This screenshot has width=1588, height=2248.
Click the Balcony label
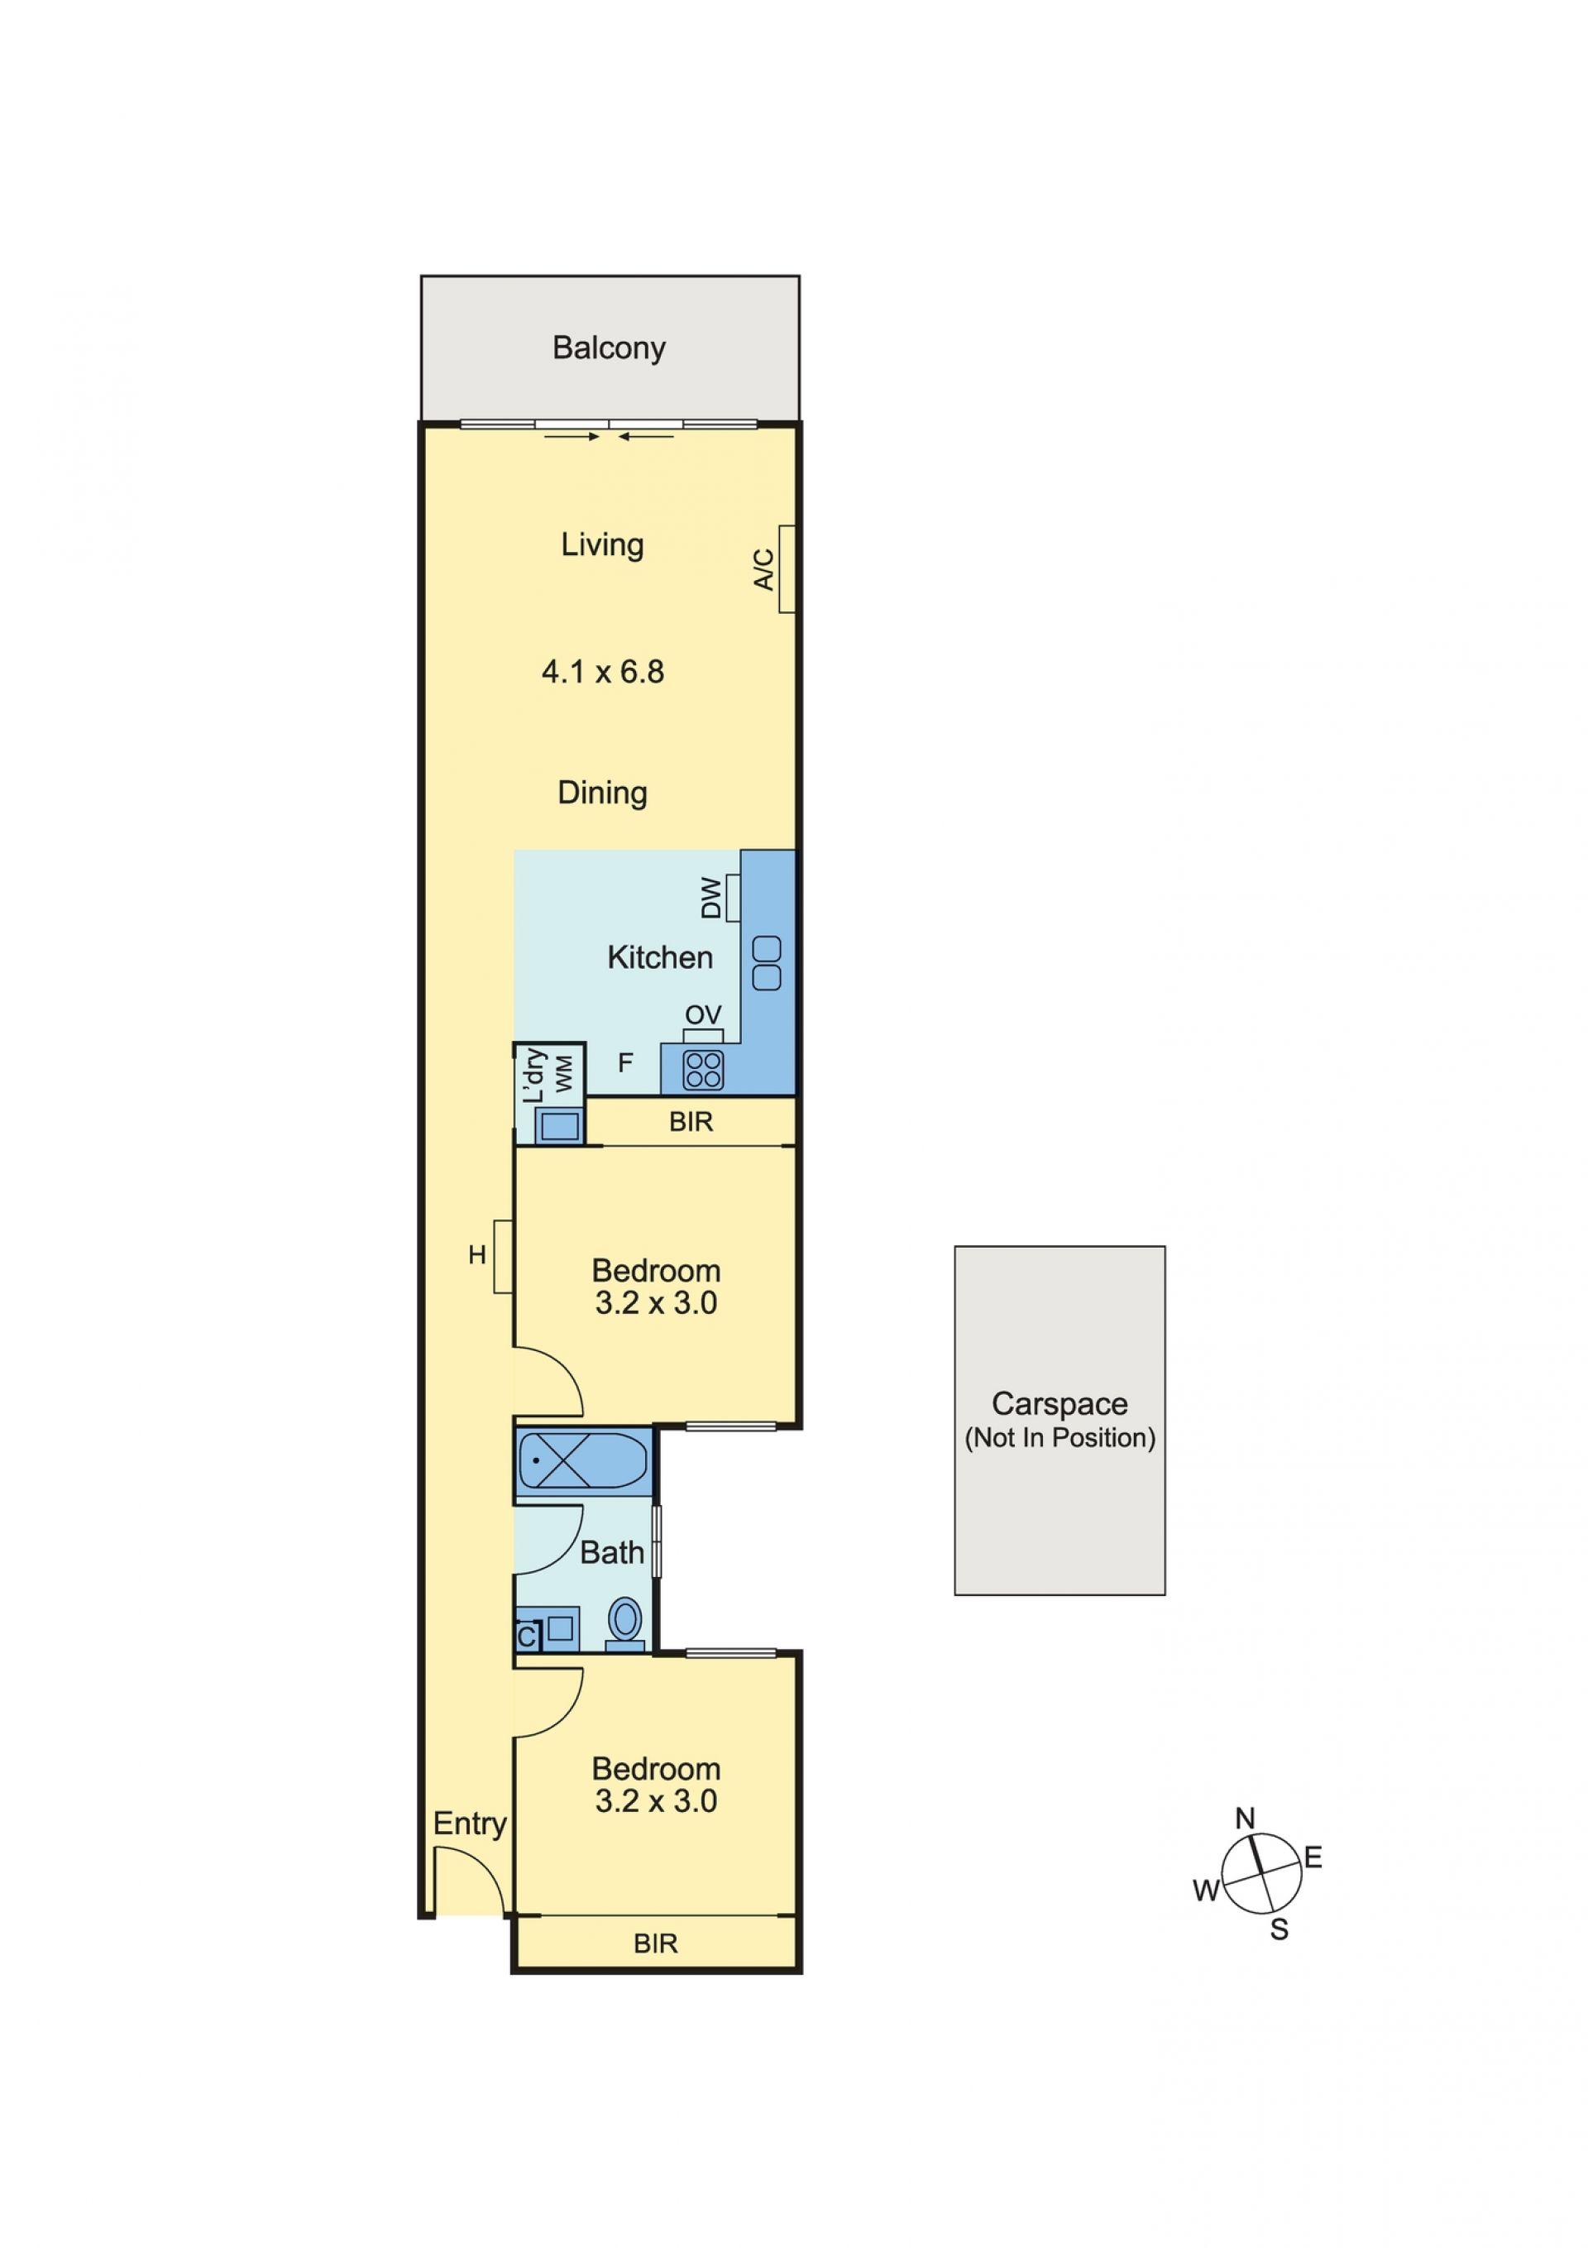tap(608, 348)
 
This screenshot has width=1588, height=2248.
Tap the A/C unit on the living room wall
tap(787, 569)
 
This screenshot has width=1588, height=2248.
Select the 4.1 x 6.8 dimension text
tap(602, 672)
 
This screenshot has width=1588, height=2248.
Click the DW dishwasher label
tap(712, 898)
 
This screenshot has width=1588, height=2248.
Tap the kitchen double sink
tap(767, 962)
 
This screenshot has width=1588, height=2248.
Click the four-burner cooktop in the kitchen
tap(703, 1068)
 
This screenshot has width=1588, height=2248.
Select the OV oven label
tap(703, 1014)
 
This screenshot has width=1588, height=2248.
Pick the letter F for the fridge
tap(625, 1062)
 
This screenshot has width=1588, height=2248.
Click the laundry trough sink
tap(560, 1126)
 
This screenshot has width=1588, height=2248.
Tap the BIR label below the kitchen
tap(691, 1122)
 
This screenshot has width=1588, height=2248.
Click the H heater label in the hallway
tap(476, 1255)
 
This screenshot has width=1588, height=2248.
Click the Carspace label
tap(1059, 1404)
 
